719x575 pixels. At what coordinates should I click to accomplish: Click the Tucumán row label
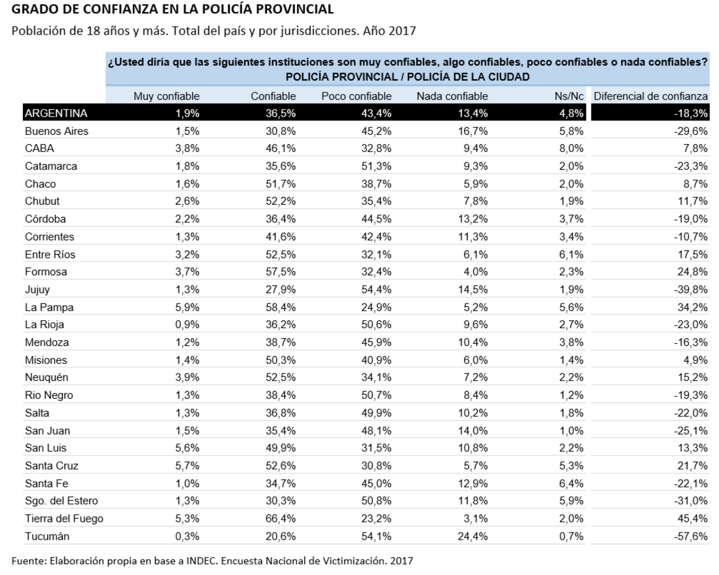47,536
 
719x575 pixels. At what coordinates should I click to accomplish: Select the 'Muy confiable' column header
166,96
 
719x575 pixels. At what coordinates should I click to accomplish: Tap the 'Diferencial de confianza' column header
650,96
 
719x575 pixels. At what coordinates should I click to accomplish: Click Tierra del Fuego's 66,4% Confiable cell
280,518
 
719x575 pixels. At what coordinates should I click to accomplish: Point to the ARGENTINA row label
56,113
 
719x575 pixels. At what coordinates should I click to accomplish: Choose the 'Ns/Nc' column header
569,96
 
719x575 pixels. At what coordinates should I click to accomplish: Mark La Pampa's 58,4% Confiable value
280,307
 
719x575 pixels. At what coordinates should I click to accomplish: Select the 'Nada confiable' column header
452,96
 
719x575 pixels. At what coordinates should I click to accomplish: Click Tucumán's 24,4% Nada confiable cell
473,536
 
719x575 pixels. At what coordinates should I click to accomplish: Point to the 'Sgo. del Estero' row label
61,501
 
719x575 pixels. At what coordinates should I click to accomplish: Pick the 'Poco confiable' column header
356,96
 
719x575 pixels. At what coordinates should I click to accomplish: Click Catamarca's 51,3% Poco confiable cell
376,166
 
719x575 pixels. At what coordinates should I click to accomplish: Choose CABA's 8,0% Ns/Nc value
571,148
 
